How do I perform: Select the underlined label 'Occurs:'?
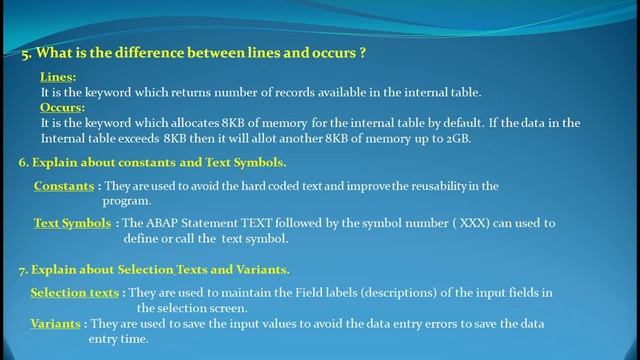(62, 106)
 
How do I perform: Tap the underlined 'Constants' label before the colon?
(64, 186)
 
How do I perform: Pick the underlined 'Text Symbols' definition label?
(72, 223)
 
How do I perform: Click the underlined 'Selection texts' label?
(74, 292)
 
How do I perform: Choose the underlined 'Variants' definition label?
(55, 324)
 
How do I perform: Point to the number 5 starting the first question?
(25, 54)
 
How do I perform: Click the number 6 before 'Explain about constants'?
(22, 161)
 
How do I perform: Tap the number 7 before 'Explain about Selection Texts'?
(22, 269)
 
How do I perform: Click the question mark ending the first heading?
(362, 53)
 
